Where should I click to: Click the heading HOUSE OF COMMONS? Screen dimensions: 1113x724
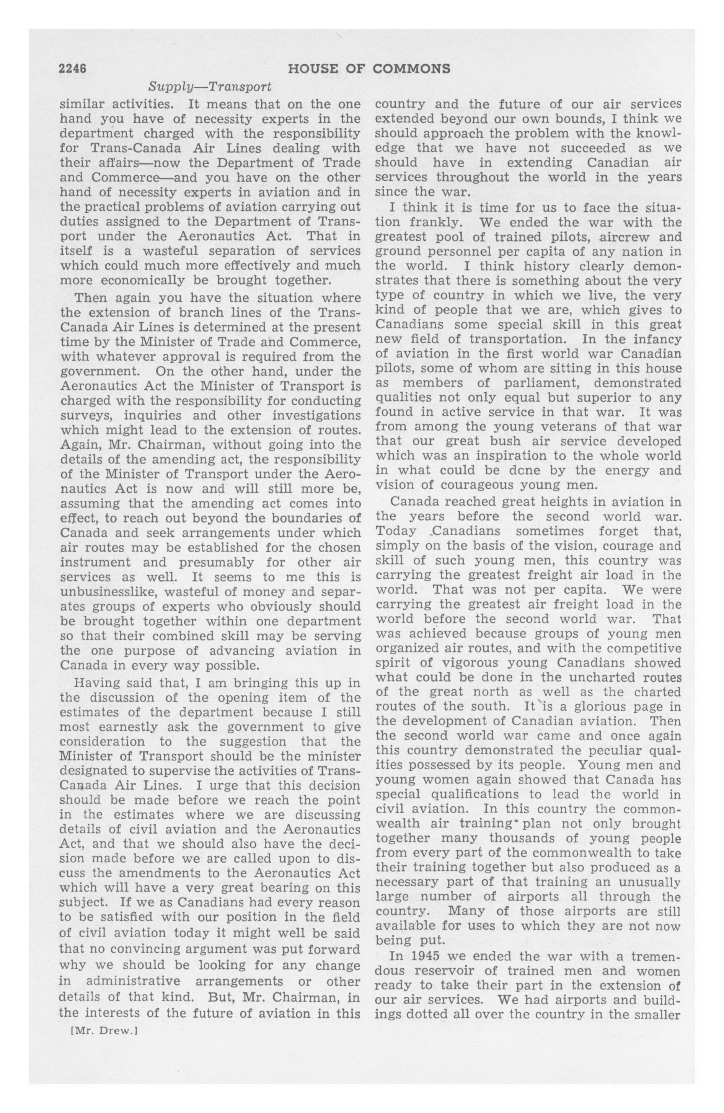point(369,69)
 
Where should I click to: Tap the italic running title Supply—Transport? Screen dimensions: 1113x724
point(210,87)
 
